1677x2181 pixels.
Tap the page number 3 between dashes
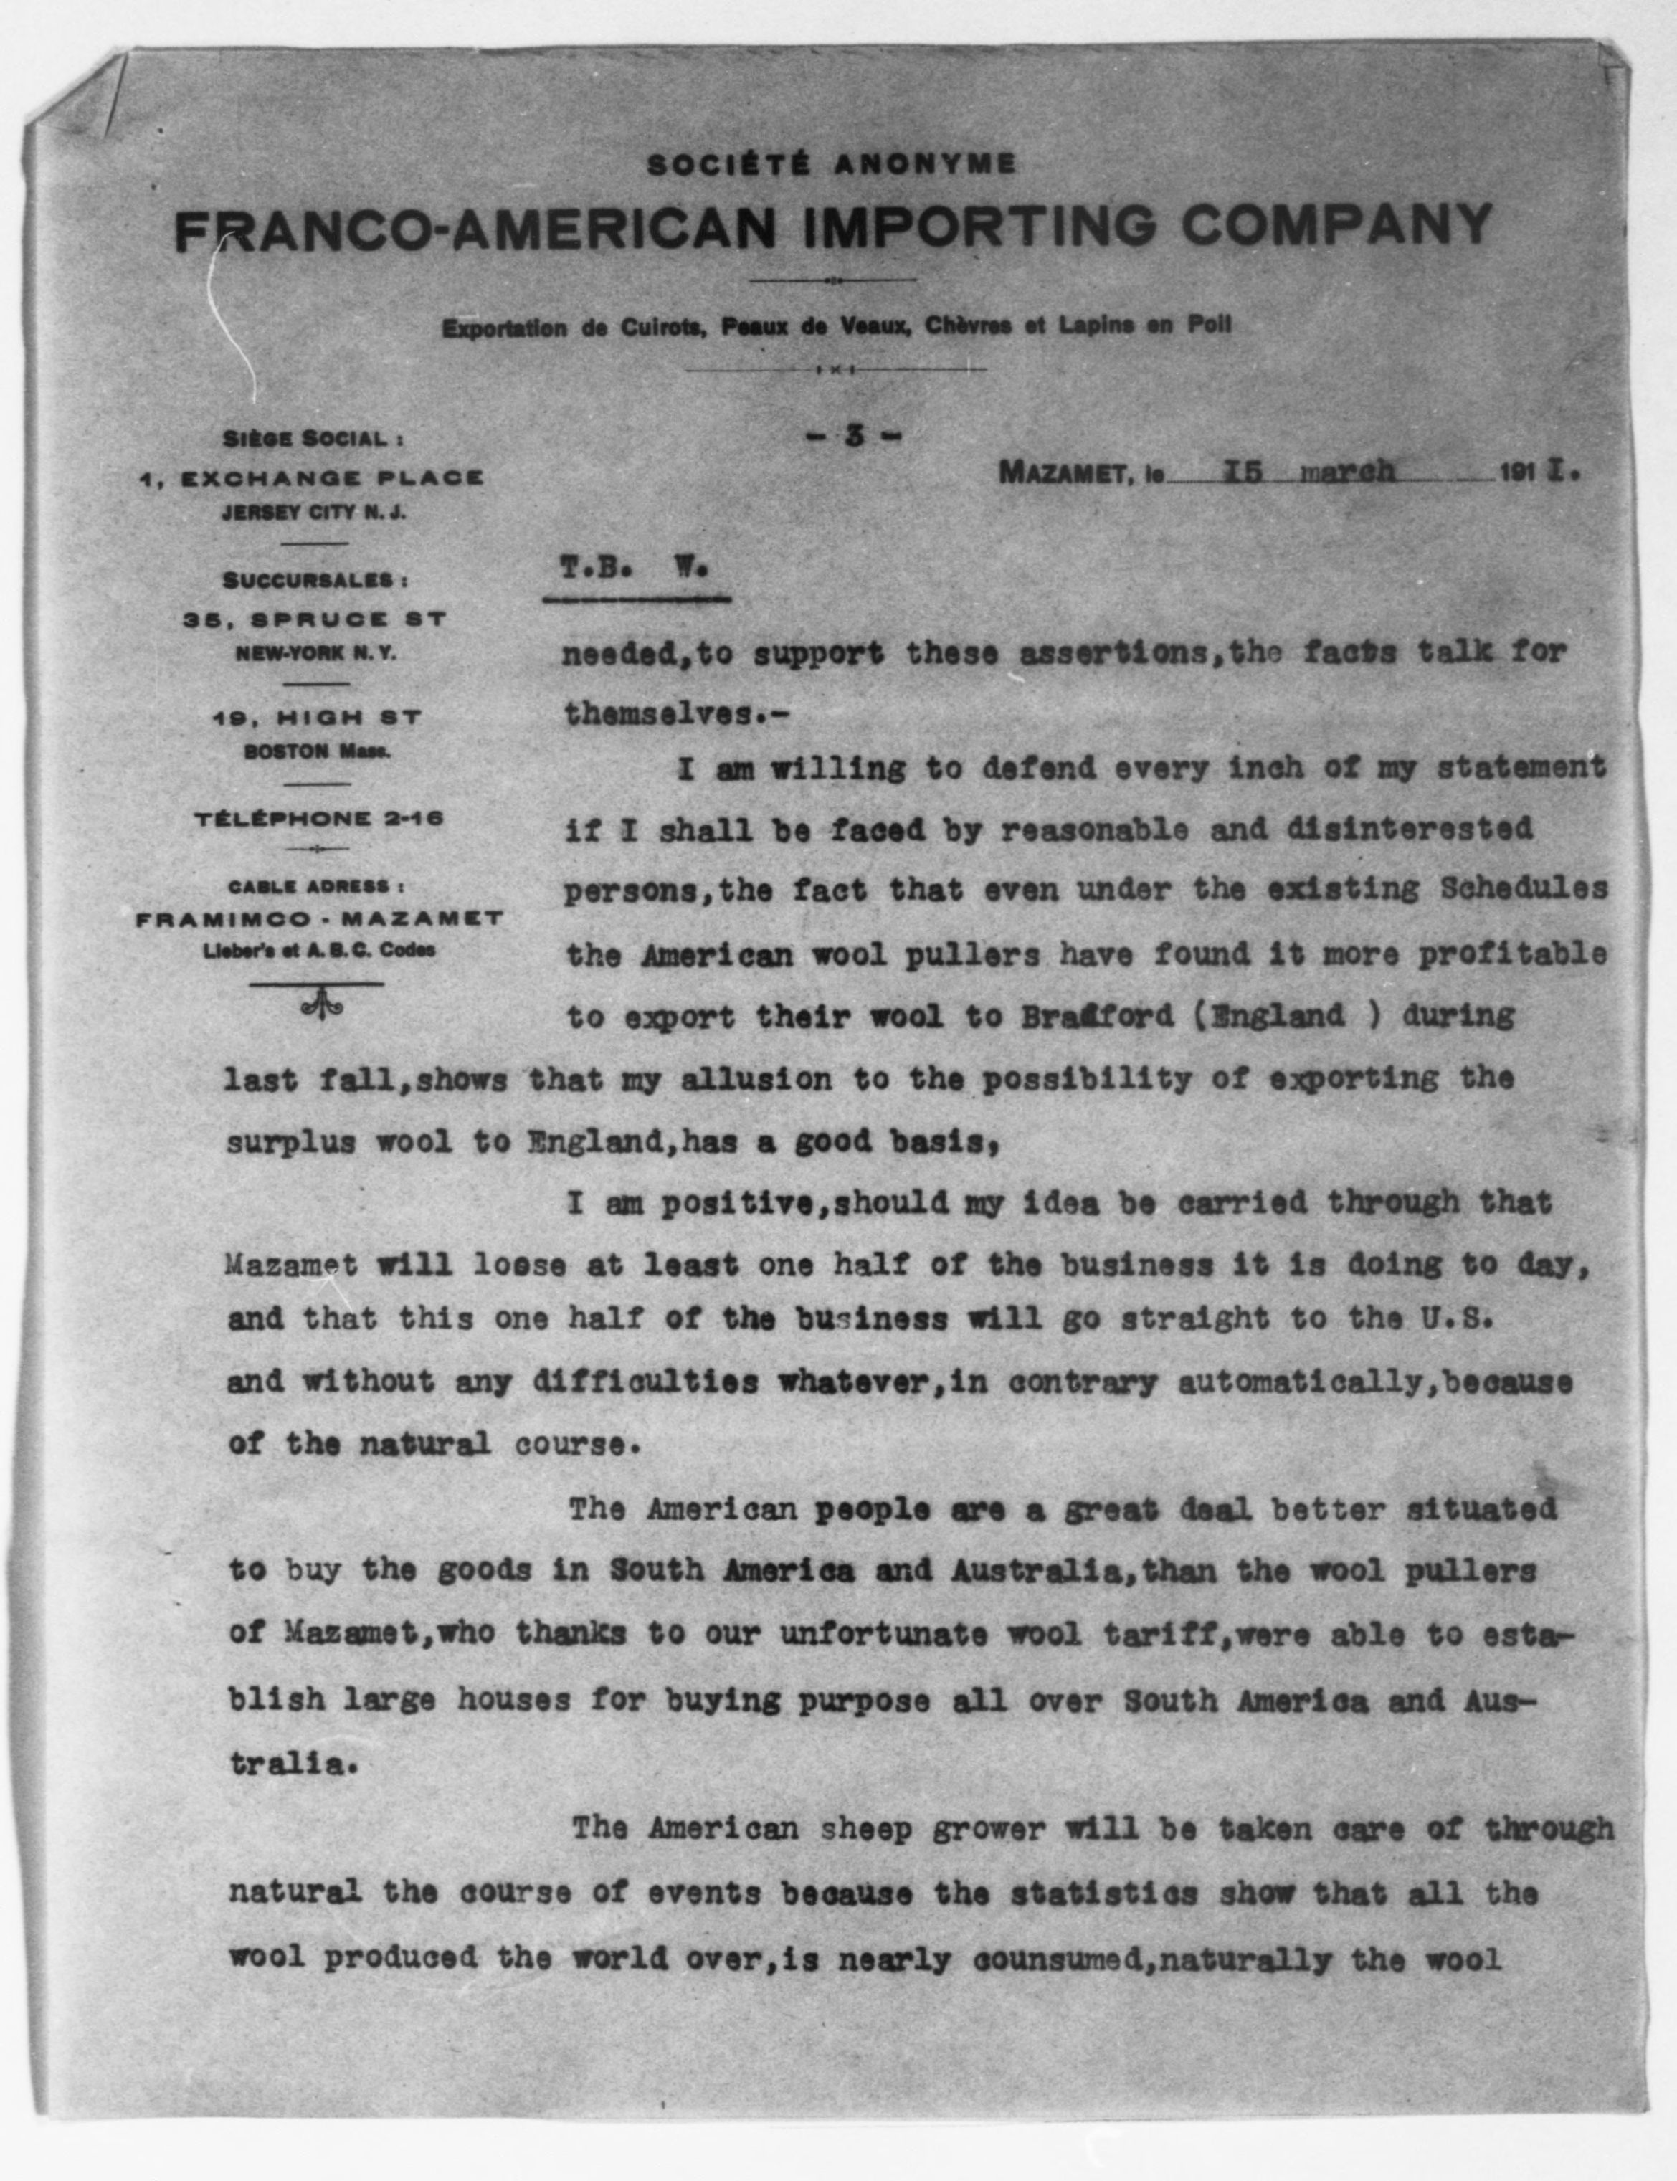[853, 435]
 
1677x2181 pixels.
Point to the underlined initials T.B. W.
[634, 569]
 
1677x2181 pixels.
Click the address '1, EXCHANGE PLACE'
[311, 478]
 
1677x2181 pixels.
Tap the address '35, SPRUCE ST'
[313, 619]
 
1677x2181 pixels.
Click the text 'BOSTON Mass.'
[316, 751]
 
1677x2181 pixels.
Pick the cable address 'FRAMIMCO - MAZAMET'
[318, 918]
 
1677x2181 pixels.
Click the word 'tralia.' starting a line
[292, 1763]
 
